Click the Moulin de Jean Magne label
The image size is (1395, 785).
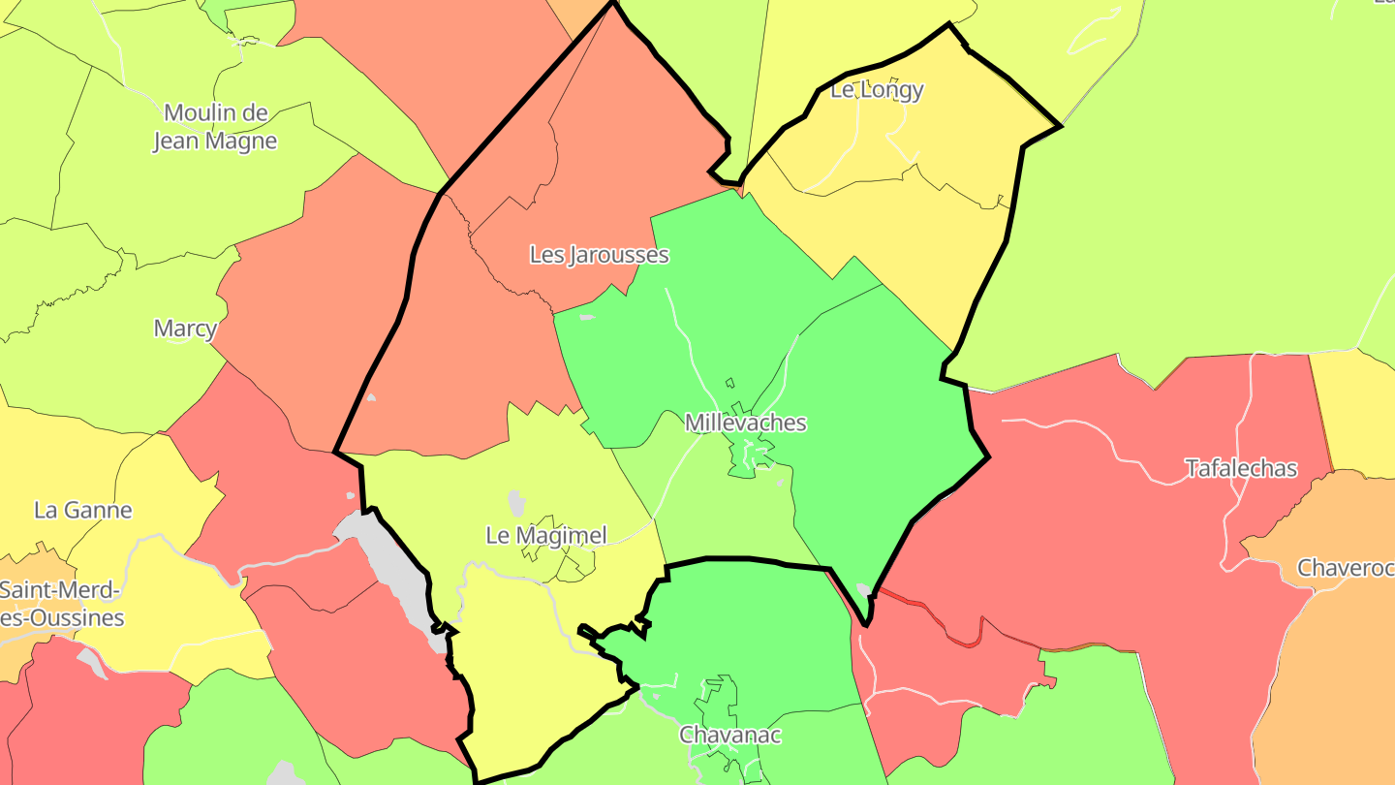coord(215,127)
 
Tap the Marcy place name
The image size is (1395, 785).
coord(185,329)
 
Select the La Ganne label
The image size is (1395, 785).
coord(83,510)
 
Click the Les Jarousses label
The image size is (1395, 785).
coord(599,255)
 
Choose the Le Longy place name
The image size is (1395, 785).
coord(878,90)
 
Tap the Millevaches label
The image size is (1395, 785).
coord(745,423)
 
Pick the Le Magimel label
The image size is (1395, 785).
coord(546,535)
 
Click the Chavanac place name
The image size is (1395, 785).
coord(730,735)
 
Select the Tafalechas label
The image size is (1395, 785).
coord(1241,469)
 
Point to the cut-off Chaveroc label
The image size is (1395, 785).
coord(1346,568)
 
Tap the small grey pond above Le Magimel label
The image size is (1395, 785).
coord(516,502)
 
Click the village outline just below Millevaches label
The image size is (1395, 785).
coord(748,455)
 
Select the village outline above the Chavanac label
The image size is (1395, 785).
coord(719,698)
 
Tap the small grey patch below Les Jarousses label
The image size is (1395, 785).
coord(586,317)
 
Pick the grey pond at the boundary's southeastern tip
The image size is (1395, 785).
coord(862,589)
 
